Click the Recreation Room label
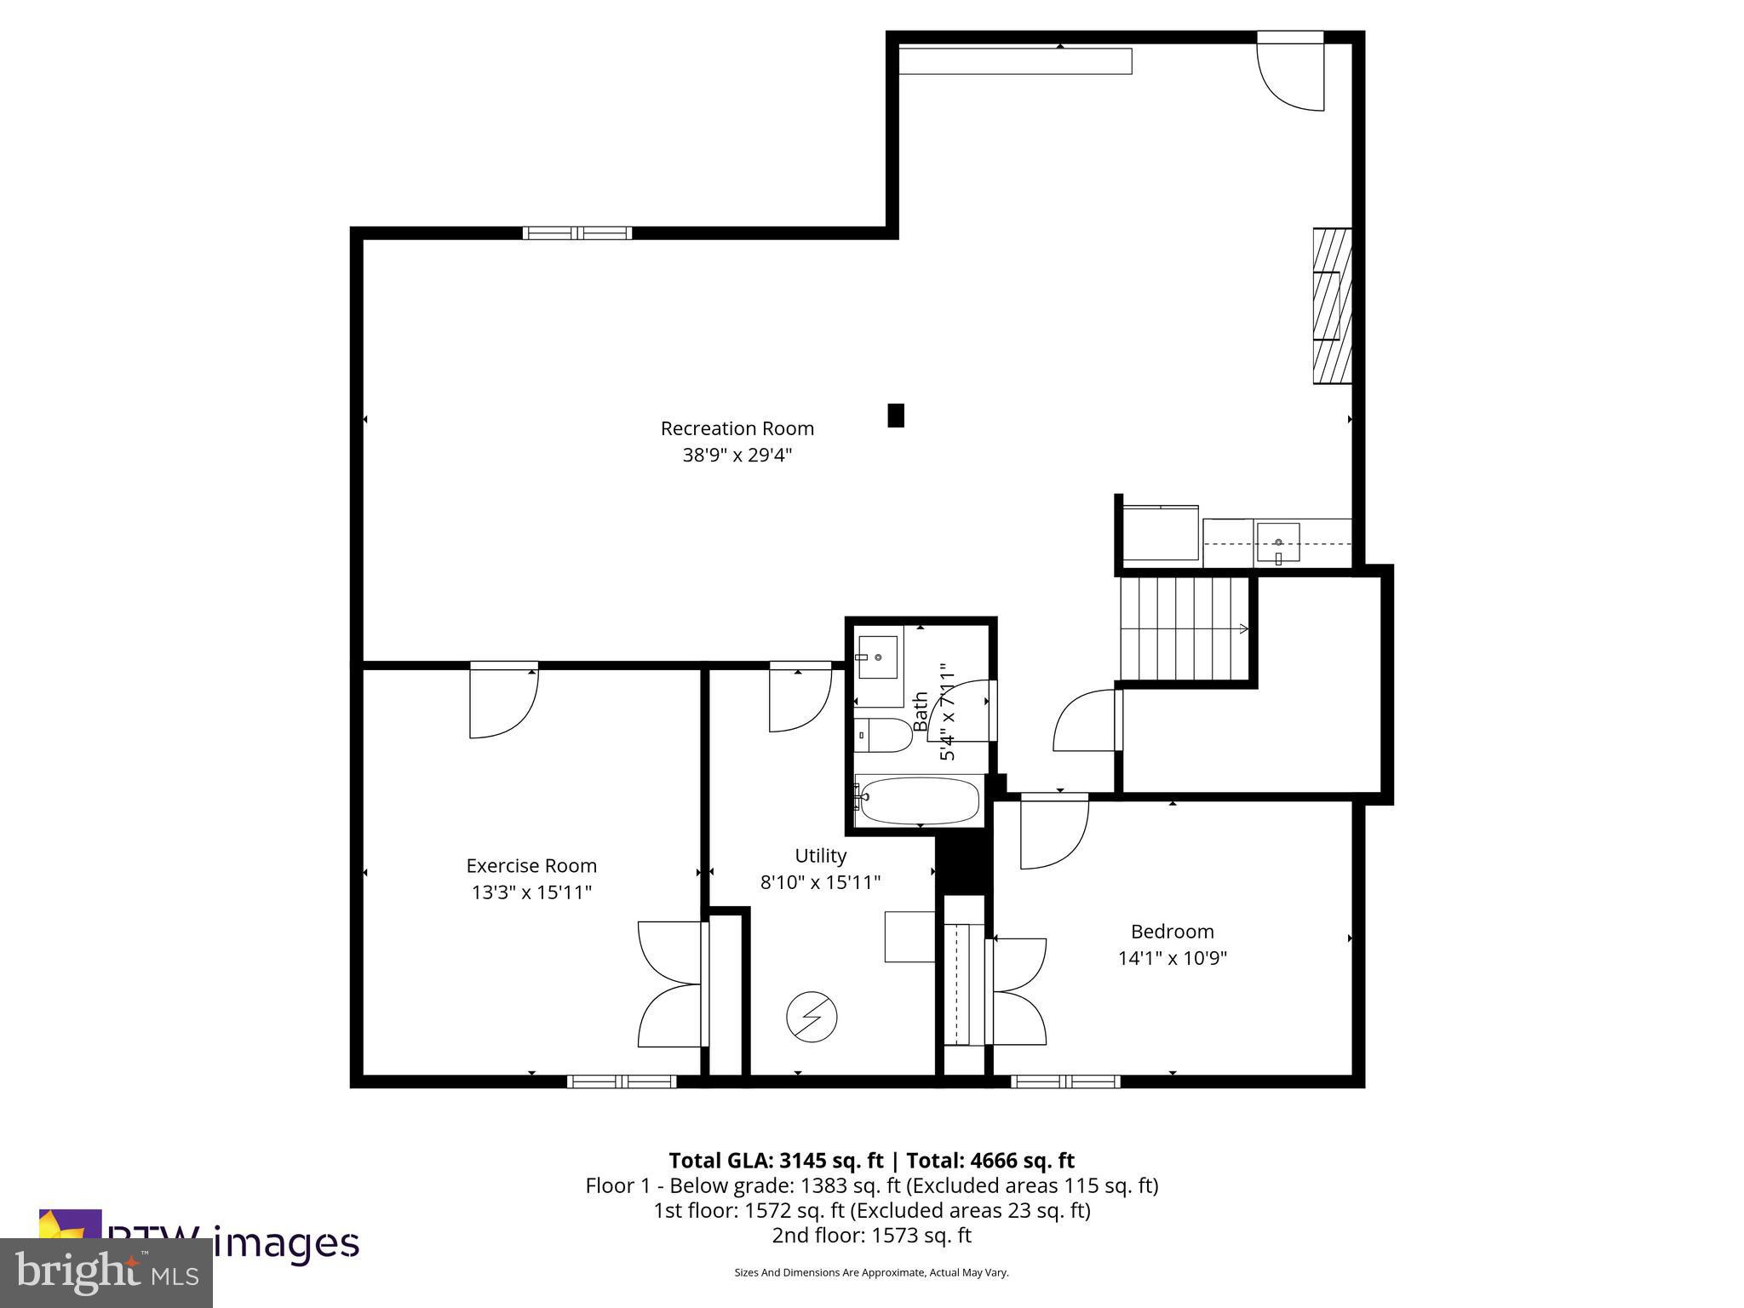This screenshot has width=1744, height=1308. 737,428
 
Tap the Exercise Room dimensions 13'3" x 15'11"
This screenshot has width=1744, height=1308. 531,892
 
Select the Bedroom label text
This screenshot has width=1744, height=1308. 1172,931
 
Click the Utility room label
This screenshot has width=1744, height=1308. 820,856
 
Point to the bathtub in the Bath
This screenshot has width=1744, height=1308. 918,800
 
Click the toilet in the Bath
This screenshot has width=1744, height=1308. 886,735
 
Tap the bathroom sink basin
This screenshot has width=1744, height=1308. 877,657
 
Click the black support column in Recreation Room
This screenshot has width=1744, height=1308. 896,415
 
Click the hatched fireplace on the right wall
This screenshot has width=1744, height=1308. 1332,306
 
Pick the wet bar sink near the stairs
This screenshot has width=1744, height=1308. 1278,543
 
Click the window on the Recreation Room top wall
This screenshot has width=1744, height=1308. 577,233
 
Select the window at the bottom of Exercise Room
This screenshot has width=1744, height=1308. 622,1081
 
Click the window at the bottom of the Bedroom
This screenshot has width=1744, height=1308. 1065,1081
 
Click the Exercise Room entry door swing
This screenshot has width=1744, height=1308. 504,703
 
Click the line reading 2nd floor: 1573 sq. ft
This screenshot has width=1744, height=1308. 871,1236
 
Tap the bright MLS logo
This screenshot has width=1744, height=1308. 106,1272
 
